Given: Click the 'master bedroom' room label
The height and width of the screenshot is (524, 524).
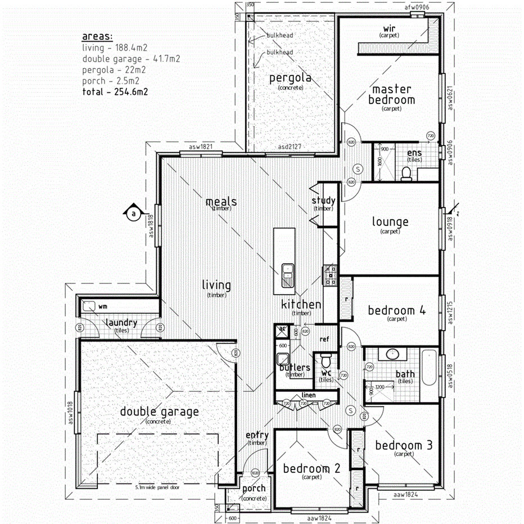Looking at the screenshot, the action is click(x=391, y=94).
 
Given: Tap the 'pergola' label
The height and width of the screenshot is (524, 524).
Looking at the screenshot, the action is click(x=290, y=78).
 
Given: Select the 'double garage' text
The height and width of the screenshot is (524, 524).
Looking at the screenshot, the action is click(x=159, y=412).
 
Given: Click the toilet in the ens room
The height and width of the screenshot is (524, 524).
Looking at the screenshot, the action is click(x=406, y=173).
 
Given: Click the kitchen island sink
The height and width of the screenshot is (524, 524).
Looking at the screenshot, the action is click(x=287, y=275).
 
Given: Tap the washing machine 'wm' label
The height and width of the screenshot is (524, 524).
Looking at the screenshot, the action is click(x=103, y=307).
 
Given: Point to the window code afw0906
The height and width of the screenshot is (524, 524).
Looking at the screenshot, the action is click(x=417, y=8).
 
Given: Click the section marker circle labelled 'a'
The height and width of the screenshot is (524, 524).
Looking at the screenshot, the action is click(x=133, y=214).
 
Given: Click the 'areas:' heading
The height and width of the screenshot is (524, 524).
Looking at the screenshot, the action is click(x=97, y=37).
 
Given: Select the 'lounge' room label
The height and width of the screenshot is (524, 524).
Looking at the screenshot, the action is click(x=390, y=222).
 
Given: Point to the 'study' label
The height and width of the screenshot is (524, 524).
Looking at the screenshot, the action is click(x=323, y=201).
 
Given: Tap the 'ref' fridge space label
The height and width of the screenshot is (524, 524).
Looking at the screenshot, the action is click(x=324, y=339).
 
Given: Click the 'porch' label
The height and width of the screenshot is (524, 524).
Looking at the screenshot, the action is click(x=254, y=489).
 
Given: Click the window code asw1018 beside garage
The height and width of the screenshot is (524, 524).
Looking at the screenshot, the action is click(x=71, y=414).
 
